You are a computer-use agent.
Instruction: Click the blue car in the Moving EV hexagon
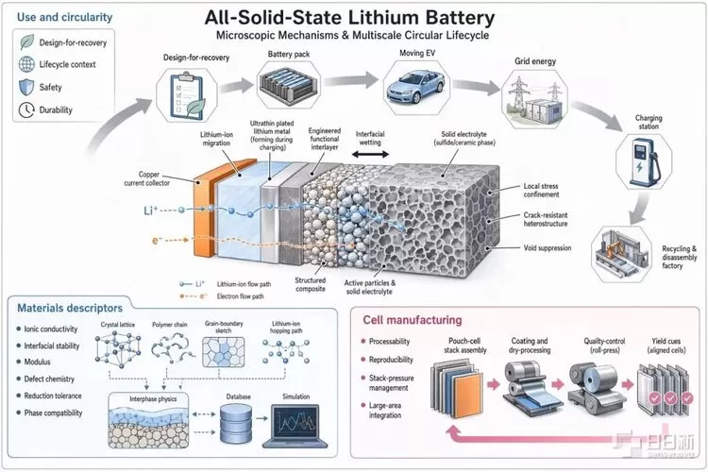[x=415, y=87]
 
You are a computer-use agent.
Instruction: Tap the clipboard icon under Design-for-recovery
[x=187, y=95]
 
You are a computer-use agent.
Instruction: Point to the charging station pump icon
[x=644, y=162]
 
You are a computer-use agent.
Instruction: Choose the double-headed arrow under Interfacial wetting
[x=370, y=155]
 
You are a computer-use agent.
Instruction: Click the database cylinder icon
[x=236, y=424]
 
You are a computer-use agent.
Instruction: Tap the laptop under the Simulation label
[x=295, y=426]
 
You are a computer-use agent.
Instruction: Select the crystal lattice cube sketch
[x=117, y=347]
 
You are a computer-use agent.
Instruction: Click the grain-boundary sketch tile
[x=223, y=352]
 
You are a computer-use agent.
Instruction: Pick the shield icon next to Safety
[x=26, y=87]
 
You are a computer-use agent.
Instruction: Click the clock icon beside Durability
[x=26, y=110]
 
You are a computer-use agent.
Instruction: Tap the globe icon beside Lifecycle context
[x=26, y=64]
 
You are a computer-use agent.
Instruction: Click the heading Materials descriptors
[x=70, y=308]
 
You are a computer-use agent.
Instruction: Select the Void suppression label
[x=548, y=248]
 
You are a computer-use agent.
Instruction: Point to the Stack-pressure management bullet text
[x=391, y=382]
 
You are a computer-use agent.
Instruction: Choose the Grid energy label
[x=535, y=61]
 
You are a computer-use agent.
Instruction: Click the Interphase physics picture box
[x=148, y=420]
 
